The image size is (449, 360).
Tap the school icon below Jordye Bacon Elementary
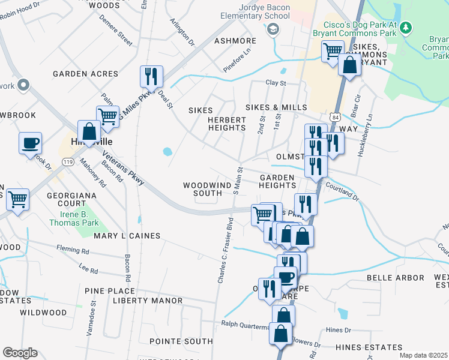pos(273,28)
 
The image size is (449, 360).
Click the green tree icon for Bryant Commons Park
pos(406,27)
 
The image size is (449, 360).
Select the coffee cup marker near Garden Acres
pos(30,143)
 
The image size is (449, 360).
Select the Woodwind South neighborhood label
pos(207,189)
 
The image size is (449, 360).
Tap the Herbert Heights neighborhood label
pos(227,124)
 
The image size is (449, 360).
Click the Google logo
pos(20,352)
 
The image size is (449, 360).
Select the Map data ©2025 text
pos(423,355)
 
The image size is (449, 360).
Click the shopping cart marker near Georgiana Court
pos(17,199)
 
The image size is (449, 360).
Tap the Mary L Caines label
pos(127,236)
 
